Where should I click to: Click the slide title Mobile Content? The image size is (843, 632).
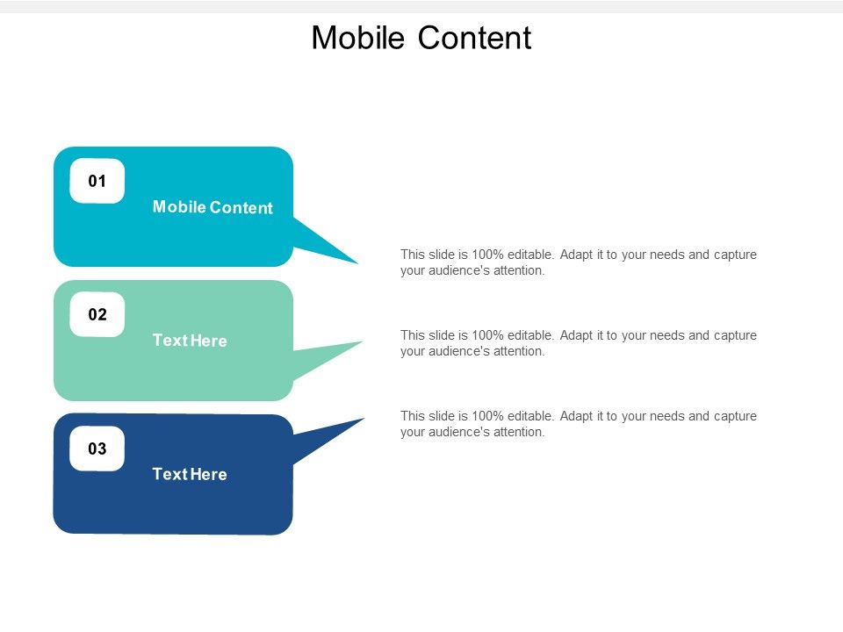(421, 38)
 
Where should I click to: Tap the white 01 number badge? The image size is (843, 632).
(97, 182)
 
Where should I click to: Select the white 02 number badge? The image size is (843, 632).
(97, 315)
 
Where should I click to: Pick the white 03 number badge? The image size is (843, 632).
(97, 449)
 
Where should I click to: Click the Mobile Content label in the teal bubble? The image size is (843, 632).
(213, 208)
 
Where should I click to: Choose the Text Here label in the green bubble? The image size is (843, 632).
(190, 341)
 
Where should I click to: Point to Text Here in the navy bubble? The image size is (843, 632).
(190, 474)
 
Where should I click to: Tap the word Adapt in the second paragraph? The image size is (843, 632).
(577, 335)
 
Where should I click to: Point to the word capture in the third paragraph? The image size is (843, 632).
(734, 416)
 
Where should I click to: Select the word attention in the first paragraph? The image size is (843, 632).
(521, 270)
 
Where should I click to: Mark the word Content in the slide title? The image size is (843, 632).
(474, 38)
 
